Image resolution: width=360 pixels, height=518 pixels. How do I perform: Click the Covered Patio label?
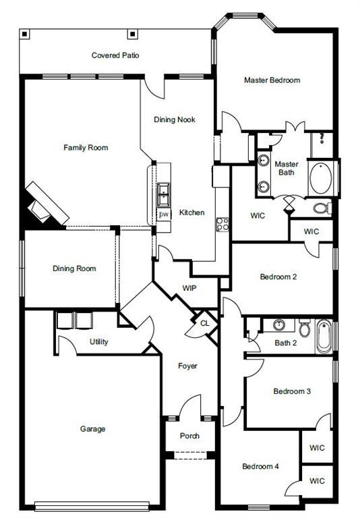(x=115, y=55)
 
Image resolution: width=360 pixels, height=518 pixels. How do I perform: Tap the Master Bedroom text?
(x=272, y=80)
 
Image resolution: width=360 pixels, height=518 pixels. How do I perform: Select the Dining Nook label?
(x=175, y=119)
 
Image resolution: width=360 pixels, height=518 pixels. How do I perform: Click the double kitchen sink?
(x=163, y=196)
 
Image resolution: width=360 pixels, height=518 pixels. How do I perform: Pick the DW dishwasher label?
(x=163, y=214)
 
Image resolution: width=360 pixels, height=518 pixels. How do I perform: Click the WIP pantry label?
(x=190, y=288)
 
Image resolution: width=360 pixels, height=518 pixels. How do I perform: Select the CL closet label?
(x=204, y=323)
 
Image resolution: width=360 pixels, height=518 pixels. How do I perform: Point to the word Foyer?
(x=187, y=366)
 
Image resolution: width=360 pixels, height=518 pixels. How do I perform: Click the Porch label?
(x=189, y=436)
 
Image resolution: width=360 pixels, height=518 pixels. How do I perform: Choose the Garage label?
(x=92, y=428)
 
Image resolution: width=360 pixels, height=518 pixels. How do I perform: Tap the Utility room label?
(x=99, y=342)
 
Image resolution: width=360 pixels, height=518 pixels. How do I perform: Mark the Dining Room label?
(x=74, y=268)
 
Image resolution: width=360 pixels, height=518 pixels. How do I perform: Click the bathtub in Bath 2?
(x=324, y=336)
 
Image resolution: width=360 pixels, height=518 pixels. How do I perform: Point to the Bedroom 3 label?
(x=291, y=391)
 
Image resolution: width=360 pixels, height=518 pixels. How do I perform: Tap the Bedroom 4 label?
(x=260, y=466)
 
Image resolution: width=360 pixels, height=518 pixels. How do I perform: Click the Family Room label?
(x=86, y=148)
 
